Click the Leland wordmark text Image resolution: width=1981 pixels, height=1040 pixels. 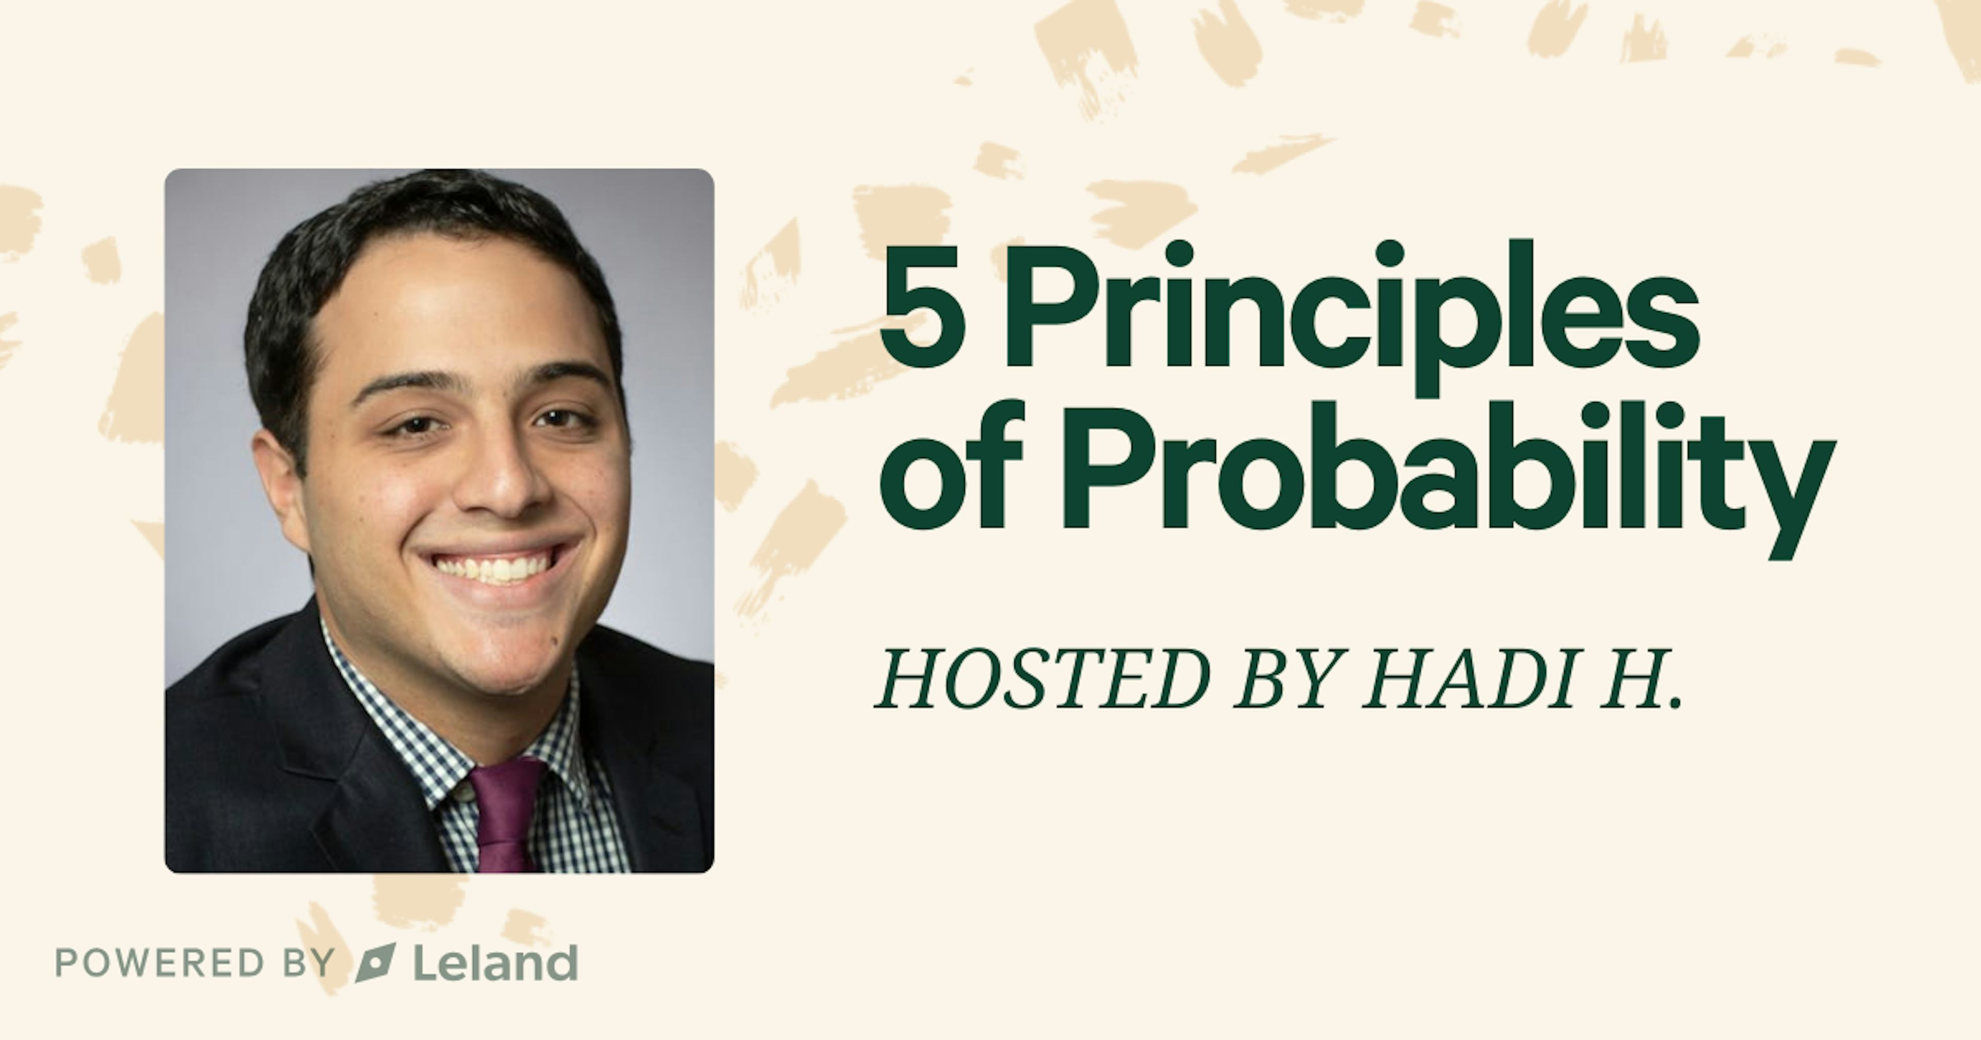pyautogui.click(x=495, y=963)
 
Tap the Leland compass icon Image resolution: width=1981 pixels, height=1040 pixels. pyautogui.click(x=375, y=963)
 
